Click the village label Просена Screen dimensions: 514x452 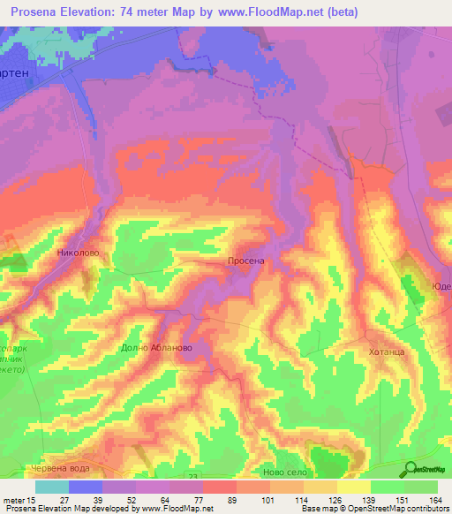246,262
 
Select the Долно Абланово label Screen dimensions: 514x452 156,348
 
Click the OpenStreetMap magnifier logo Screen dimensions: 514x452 409,469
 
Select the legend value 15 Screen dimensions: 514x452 34,500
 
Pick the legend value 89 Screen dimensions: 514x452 231,500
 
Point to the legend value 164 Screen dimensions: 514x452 433,500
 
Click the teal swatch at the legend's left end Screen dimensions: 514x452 51,487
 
